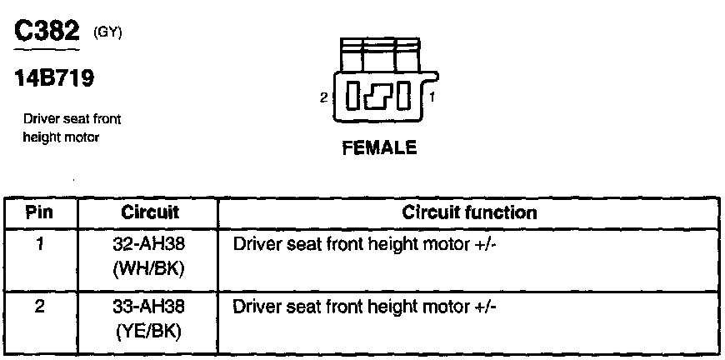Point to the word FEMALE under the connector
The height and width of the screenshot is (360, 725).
click(x=379, y=149)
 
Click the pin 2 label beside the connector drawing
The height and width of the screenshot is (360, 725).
click(x=323, y=97)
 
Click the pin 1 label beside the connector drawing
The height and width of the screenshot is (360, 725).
click(x=432, y=97)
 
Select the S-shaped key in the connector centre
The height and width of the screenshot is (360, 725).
click(x=379, y=97)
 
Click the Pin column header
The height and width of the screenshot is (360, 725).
click(x=40, y=212)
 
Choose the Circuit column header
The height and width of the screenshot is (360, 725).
click(x=147, y=212)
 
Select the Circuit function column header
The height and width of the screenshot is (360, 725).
click(x=469, y=212)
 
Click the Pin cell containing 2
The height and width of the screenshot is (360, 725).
click(x=40, y=307)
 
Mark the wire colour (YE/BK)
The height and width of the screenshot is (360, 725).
click(x=147, y=331)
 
